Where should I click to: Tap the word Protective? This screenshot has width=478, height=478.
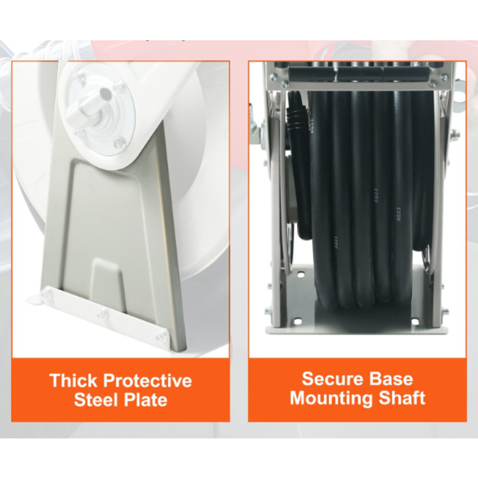pyautogui.click(x=147, y=381)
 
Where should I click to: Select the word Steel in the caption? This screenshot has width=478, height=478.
pyautogui.click(x=97, y=399)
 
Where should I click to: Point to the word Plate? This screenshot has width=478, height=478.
pyautogui.click(x=145, y=400)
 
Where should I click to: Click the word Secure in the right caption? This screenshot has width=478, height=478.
pyautogui.click(x=333, y=378)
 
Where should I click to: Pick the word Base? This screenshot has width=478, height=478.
pyautogui.click(x=391, y=378)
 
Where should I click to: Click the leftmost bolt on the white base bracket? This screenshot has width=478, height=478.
pyautogui.click(x=47, y=293)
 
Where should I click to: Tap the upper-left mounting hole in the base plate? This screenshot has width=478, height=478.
pyautogui.click(x=300, y=275)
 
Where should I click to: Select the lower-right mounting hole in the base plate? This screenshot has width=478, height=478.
pyautogui.click(x=414, y=322)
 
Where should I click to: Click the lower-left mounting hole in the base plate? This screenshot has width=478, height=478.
pyautogui.click(x=298, y=322)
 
